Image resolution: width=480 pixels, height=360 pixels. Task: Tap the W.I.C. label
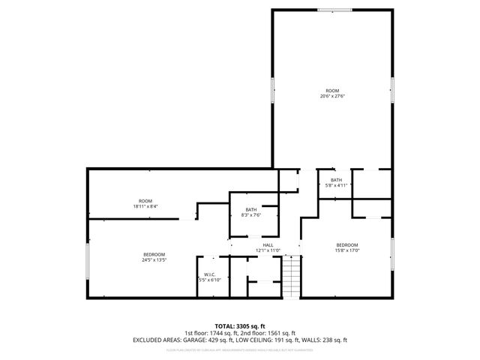coord(210,274)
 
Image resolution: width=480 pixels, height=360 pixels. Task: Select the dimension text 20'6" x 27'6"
coord(332,96)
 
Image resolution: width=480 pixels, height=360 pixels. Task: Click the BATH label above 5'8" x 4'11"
coord(336,180)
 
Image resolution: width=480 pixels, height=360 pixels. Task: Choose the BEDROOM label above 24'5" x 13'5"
coord(154,255)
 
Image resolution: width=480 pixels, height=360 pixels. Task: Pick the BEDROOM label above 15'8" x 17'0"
coord(347,245)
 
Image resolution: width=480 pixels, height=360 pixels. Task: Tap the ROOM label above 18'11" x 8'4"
coord(145,201)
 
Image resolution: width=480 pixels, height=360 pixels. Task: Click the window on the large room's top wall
coord(334,10)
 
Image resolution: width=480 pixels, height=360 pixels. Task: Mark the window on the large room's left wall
coord(272,90)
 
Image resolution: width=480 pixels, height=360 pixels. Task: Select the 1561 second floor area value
coord(275,333)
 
